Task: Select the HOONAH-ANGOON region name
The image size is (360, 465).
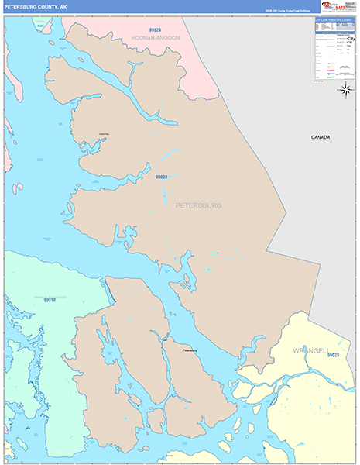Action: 156,37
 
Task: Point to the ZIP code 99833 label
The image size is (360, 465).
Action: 162,177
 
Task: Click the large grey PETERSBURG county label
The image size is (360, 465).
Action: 198,205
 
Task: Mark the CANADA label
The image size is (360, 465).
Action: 321,137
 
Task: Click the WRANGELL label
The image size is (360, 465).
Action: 310,350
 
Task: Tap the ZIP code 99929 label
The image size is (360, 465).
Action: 333,356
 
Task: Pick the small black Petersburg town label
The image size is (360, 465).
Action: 190,351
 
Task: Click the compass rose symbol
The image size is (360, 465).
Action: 346,91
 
